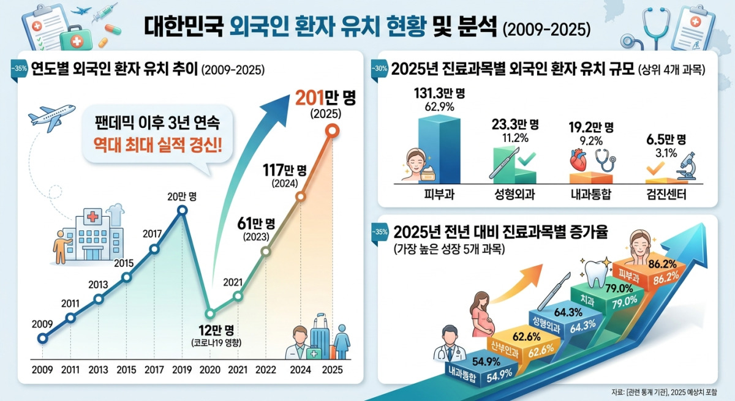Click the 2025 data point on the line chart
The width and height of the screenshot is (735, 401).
click(332, 131)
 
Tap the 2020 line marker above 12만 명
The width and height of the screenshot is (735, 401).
click(210, 314)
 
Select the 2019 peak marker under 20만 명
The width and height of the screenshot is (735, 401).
click(182, 210)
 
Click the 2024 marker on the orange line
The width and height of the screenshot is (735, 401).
click(301, 197)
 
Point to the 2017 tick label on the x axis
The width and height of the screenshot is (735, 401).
click(154, 370)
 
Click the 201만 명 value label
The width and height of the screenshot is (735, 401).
click(325, 98)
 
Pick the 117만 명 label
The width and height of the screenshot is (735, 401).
click(284, 170)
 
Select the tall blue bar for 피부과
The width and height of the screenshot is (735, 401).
click(439, 149)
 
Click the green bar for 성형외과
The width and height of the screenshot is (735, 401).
click(514, 165)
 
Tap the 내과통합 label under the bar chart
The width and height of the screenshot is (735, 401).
click(591, 195)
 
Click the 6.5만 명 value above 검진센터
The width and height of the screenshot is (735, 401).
click(666, 140)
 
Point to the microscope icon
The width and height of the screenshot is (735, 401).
click(687, 166)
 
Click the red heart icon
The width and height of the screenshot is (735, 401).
click(579, 160)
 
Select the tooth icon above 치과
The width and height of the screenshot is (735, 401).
click(596, 274)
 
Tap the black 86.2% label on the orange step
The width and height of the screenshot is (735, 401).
click(663, 264)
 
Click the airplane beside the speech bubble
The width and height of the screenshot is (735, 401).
click(51, 118)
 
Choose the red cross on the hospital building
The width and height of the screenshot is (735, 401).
click(92, 216)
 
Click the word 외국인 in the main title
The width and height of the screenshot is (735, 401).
click(259, 27)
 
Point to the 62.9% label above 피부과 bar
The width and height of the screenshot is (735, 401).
click(439, 107)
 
